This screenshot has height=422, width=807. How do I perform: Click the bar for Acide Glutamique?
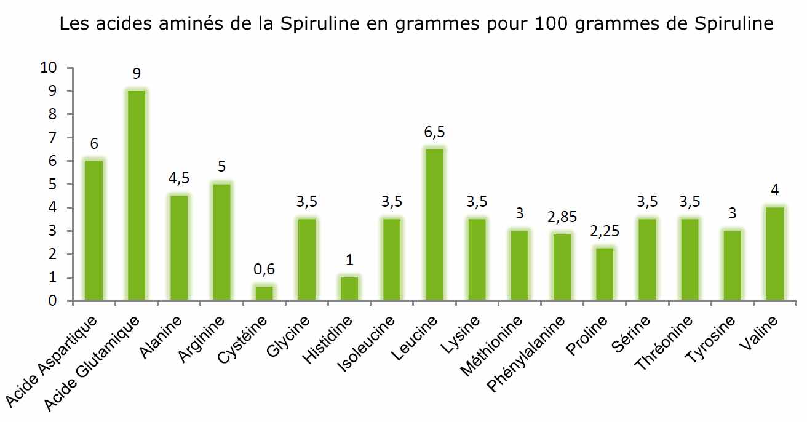click(137, 196)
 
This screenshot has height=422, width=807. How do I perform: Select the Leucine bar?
click(434, 225)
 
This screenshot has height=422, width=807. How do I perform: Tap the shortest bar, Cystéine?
click(264, 293)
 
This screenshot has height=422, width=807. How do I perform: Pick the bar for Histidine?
click(349, 289)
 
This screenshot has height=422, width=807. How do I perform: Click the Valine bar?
click(775, 254)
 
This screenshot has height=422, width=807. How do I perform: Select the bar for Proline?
click(605, 274)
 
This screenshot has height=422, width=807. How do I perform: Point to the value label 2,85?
click(562, 218)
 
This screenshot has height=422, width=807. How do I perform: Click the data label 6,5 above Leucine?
click(434, 132)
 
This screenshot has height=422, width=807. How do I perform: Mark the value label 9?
click(137, 74)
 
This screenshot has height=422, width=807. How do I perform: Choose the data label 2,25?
click(605, 232)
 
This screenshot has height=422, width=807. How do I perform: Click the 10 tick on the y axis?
click(48, 68)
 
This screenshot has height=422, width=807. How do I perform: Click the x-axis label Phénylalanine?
click(527, 353)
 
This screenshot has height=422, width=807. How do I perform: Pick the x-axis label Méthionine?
click(492, 347)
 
